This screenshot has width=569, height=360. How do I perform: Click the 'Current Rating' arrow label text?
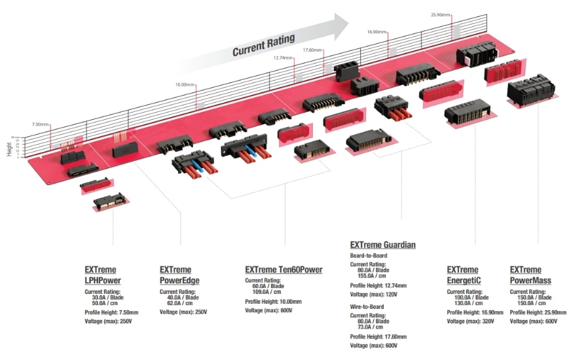[x=263, y=44]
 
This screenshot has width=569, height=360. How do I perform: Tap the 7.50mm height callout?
[x=40, y=124]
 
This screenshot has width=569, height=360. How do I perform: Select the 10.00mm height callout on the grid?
[x=185, y=84]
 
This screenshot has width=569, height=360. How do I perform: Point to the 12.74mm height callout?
[x=283, y=58]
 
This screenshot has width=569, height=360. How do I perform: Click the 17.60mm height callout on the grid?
[x=312, y=50]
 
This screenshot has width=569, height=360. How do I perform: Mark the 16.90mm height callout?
[x=377, y=31]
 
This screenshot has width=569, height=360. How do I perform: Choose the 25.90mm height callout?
[x=441, y=14]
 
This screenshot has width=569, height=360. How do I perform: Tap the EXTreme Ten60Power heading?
[x=284, y=270]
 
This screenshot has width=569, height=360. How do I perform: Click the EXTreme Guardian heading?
[x=382, y=245]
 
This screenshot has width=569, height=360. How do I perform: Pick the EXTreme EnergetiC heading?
[x=464, y=275]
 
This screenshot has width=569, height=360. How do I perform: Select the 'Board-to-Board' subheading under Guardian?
[x=369, y=255]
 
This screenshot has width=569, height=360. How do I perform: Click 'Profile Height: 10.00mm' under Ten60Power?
[x=273, y=302]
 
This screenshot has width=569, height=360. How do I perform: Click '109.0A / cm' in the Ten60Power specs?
[x=268, y=293]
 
